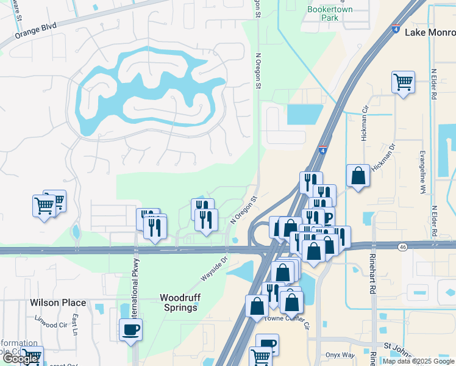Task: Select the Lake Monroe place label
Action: coord(429,32)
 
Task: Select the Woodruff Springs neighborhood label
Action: coord(179,303)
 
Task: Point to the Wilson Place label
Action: coord(58,303)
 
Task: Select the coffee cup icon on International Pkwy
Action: coord(130,330)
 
